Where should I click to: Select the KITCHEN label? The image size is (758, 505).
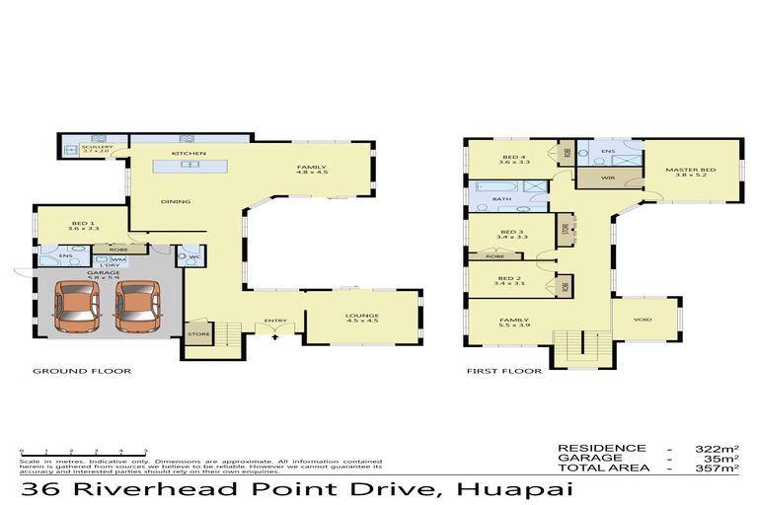(x=188, y=155)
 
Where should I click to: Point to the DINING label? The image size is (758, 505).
(x=177, y=202)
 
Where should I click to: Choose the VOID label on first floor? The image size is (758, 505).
(x=643, y=320)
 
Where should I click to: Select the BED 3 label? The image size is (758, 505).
(x=512, y=234)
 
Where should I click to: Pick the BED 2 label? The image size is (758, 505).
(x=509, y=280)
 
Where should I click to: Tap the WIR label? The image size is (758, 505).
(x=607, y=179)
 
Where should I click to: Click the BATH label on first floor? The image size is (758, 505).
(x=501, y=199)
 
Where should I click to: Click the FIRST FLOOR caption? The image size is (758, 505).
(x=503, y=372)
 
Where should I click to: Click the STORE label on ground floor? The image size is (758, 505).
(x=197, y=333)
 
